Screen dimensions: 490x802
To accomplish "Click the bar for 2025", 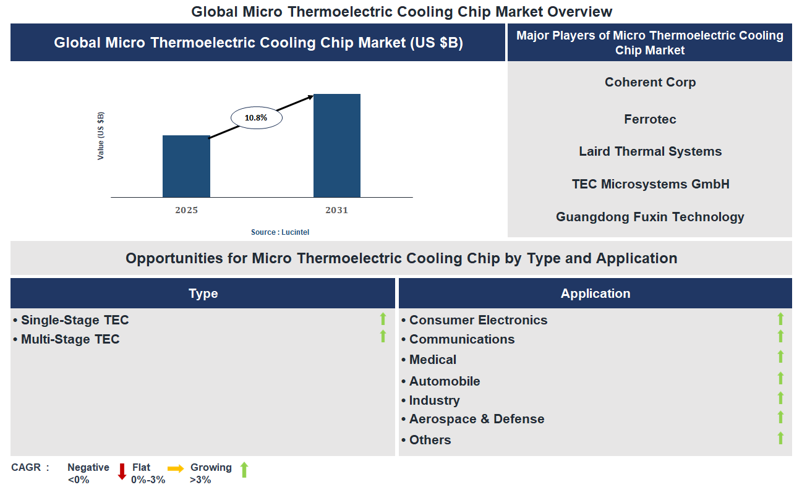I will (x=186, y=166).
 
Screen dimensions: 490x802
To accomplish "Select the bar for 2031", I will (x=337, y=146).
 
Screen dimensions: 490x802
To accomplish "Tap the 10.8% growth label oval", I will (x=257, y=117).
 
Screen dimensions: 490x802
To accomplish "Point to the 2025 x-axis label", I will (x=186, y=210).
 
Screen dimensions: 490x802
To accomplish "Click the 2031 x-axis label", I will (x=337, y=210).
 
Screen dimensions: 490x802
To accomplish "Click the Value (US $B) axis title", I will (x=101, y=136).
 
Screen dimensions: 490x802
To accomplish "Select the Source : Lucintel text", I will (x=280, y=232).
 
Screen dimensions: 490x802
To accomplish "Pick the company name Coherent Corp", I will (x=650, y=82).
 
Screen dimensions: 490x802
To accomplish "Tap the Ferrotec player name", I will (x=650, y=119).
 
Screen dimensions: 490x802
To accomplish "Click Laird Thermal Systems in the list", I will (x=650, y=151).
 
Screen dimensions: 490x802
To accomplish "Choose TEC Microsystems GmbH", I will (x=650, y=184).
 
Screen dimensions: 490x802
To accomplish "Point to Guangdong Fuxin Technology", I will (x=650, y=217).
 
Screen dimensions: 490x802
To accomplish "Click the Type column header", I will (x=203, y=294).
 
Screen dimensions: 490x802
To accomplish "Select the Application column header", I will (x=595, y=294).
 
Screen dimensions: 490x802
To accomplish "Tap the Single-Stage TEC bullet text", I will (x=75, y=320).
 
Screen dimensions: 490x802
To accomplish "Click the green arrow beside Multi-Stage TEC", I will (x=383, y=337).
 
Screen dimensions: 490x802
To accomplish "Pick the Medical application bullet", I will (x=432, y=360).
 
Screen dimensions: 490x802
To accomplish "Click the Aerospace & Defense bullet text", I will (x=477, y=419).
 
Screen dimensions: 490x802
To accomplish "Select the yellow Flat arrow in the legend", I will (x=176, y=469).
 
